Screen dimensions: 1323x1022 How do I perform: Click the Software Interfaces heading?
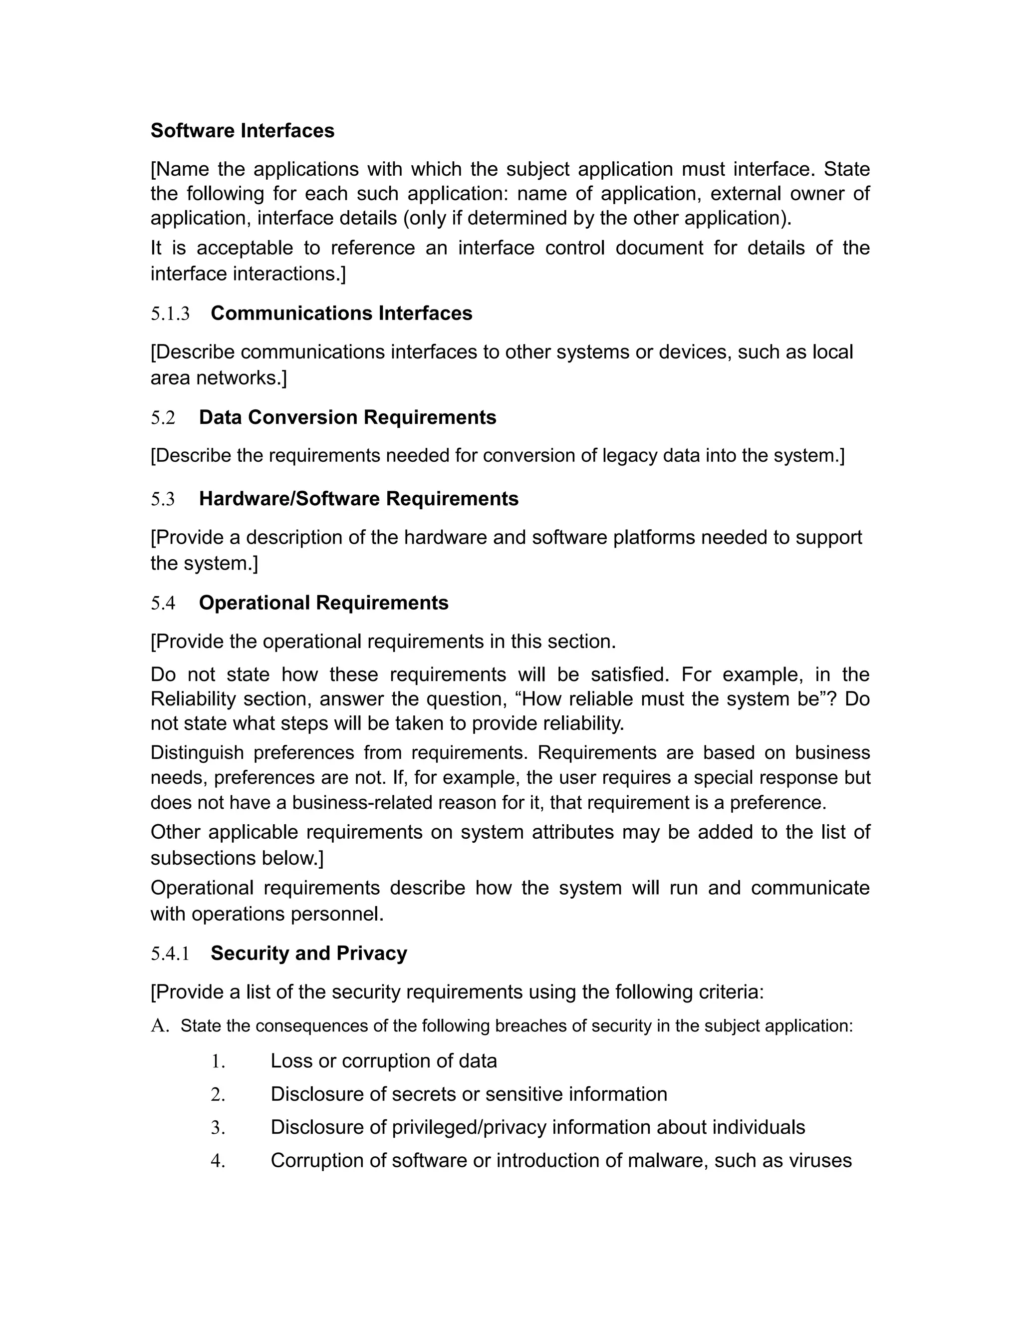[x=242, y=131]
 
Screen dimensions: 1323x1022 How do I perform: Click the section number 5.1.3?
[x=170, y=314]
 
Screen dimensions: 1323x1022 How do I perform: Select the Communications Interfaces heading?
[x=341, y=313]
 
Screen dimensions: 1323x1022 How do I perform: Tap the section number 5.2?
[x=163, y=418]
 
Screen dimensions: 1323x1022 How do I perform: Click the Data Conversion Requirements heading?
[x=347, y=417]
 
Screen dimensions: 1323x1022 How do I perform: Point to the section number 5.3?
[x=163, y=499]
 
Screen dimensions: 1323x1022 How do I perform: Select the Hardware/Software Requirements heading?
[x=358, y=499]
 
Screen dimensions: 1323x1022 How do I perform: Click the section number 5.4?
[x=163, y=604]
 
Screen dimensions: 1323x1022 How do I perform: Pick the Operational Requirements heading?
[x=323, y=603]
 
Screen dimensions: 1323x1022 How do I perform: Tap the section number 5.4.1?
[x=170, y=954]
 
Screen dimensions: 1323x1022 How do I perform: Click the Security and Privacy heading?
[x=308, y=954]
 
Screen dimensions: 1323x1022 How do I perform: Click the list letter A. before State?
[x=159, y=1026]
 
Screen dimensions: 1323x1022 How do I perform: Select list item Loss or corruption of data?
[x=383, y=1061]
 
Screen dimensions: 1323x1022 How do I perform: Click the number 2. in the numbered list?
[x=218, y=1095]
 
